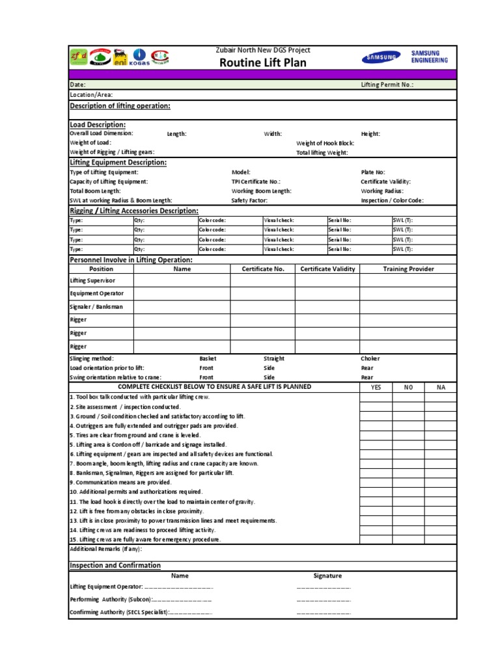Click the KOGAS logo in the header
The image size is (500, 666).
(140, 57)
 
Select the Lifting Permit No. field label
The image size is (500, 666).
(387, 85)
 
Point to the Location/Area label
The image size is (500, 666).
(91, 94)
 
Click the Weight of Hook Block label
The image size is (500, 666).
(325, 142)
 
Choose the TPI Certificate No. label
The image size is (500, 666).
(256, 182)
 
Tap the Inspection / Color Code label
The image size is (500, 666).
(392, 201)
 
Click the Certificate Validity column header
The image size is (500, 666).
(327, 269)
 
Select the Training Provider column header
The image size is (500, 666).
(408, 269)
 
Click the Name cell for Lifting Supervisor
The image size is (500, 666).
(182, 280)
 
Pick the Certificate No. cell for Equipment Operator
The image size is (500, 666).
(262, 293)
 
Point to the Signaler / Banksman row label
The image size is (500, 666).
(96, 306)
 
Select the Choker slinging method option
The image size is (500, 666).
(370, 358)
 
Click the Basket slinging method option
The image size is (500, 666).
(208, 358)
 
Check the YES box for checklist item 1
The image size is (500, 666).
(376, 397)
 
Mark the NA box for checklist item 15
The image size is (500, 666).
(441, 539)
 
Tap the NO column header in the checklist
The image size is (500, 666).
(408, 387)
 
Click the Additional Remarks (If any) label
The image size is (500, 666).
(105, 549)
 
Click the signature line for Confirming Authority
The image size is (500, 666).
(324, 613)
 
